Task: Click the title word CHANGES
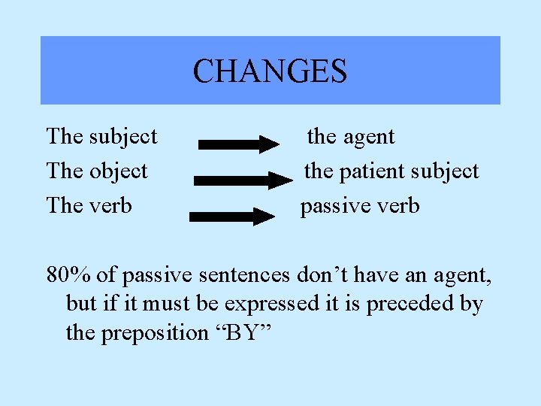coord(270,71)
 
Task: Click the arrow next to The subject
coord(239,144)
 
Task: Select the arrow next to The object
coord(244,180)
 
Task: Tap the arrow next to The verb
coord(233,217)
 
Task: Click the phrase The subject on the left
coord(101,136)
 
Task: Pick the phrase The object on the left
coord(97,171)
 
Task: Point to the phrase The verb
coord(89,205)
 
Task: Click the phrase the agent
coord(350,136)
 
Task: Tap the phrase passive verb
coord(360,205)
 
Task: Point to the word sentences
coord(242,276)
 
